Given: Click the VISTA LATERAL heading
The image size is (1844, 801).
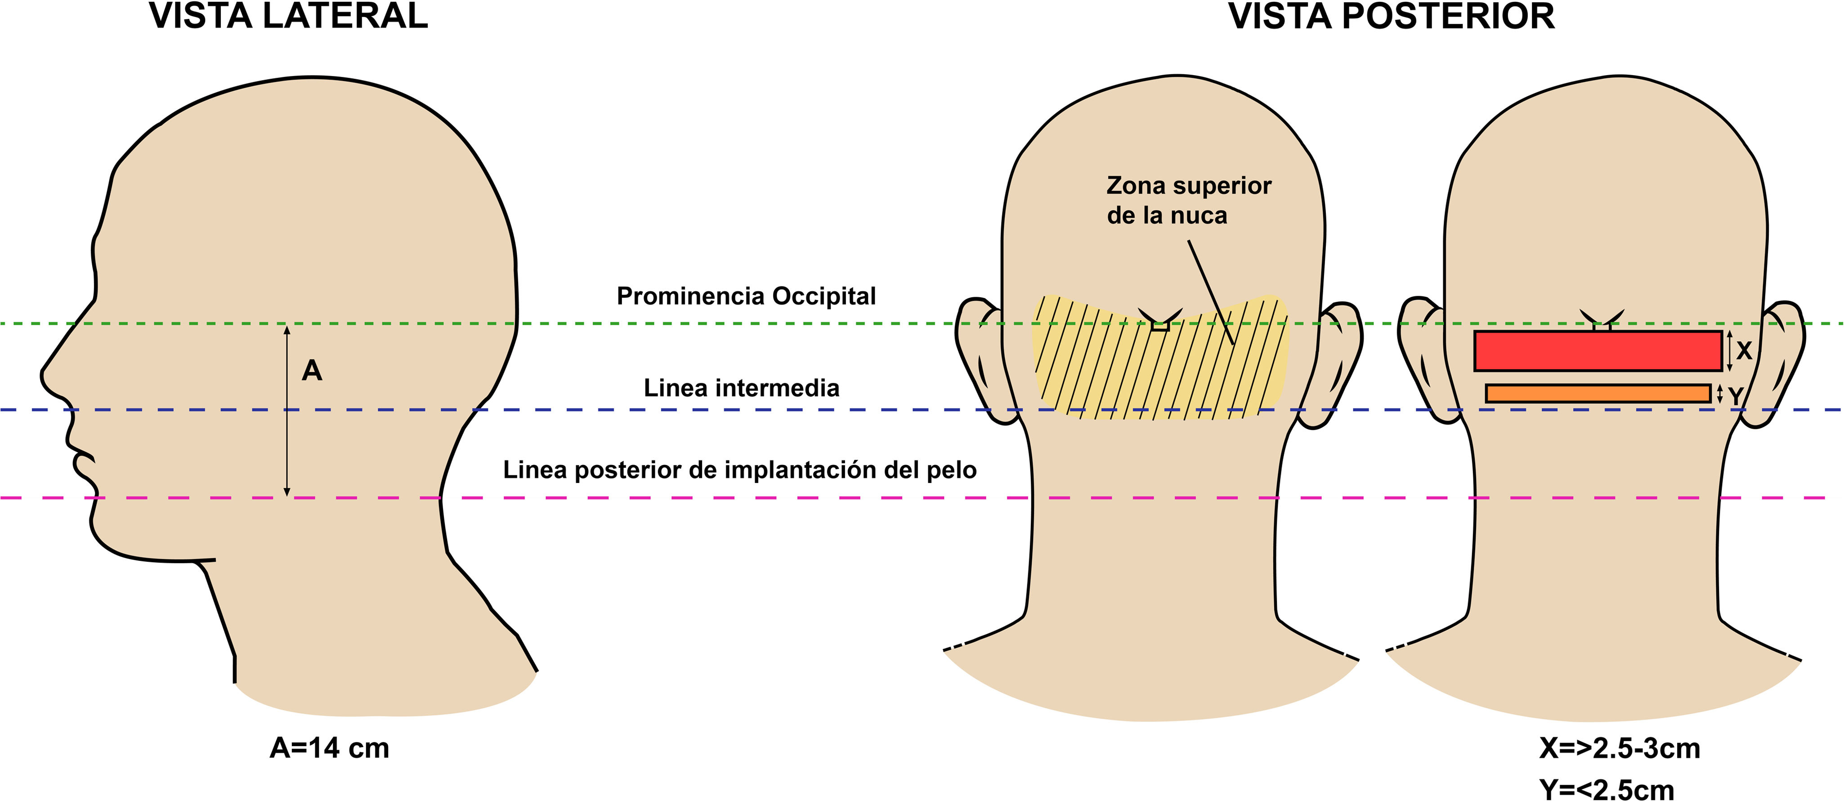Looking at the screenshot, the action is tap(288, 16).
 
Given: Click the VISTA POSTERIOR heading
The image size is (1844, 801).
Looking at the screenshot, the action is tap(1391, 16).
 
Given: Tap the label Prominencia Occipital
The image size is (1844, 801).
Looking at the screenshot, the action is tap(746, 295).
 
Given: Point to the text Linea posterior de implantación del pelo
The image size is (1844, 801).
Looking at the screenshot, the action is tap(739, 470).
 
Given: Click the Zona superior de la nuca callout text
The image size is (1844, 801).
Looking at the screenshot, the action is tap(1188, 201).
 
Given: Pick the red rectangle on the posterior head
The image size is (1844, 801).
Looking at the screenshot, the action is tap(1597, 351).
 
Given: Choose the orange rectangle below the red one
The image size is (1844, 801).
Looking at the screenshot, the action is tap(1598, 393).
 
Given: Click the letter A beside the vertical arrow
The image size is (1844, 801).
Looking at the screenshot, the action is tap(312, 371).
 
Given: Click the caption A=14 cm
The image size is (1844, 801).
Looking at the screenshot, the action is tap(329, 748).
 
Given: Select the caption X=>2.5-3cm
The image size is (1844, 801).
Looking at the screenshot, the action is tap(1619, 748).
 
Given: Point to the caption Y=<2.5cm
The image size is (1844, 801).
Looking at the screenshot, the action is tap(1607, 789).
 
